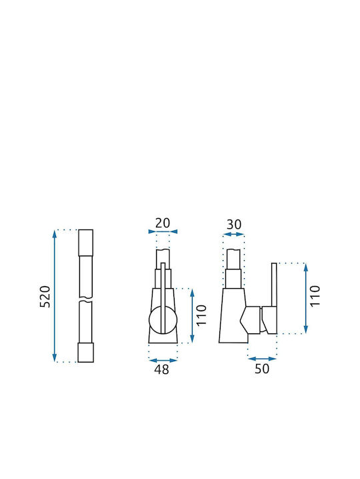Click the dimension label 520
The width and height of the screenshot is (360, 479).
pos(45,296)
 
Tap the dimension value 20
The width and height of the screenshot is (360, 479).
pos(163,223)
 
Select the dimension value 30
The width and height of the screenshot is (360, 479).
pos(234,225)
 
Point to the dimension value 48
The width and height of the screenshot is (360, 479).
pos(161,369)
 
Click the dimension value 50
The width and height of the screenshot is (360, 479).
pos(262,369)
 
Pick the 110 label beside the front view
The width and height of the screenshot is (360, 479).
pos(201,315)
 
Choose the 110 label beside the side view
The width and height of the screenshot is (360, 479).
pos(315,296)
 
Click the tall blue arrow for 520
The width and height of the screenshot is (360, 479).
pos(55,295)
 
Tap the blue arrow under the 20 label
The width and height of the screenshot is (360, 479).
pos(163,232)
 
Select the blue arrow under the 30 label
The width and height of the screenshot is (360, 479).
pos(234,234)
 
